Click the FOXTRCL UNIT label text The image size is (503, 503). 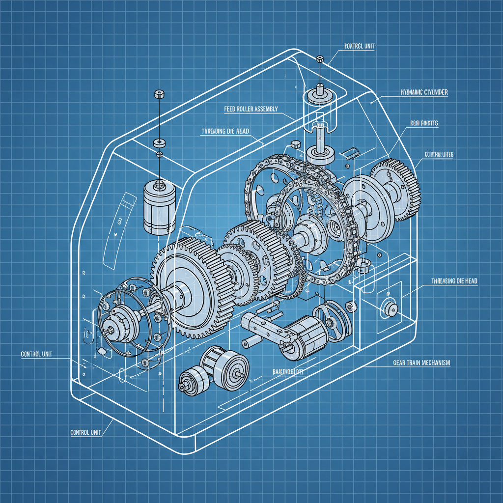coord(357,46)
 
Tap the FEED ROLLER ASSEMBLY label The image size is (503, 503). coord(251,109)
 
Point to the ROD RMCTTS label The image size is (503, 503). coord(424,123)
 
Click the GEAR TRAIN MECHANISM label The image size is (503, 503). coord(421,363)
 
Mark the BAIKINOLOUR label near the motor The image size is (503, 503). coord(288,372)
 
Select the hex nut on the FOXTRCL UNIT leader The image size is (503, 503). coord(320,59)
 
